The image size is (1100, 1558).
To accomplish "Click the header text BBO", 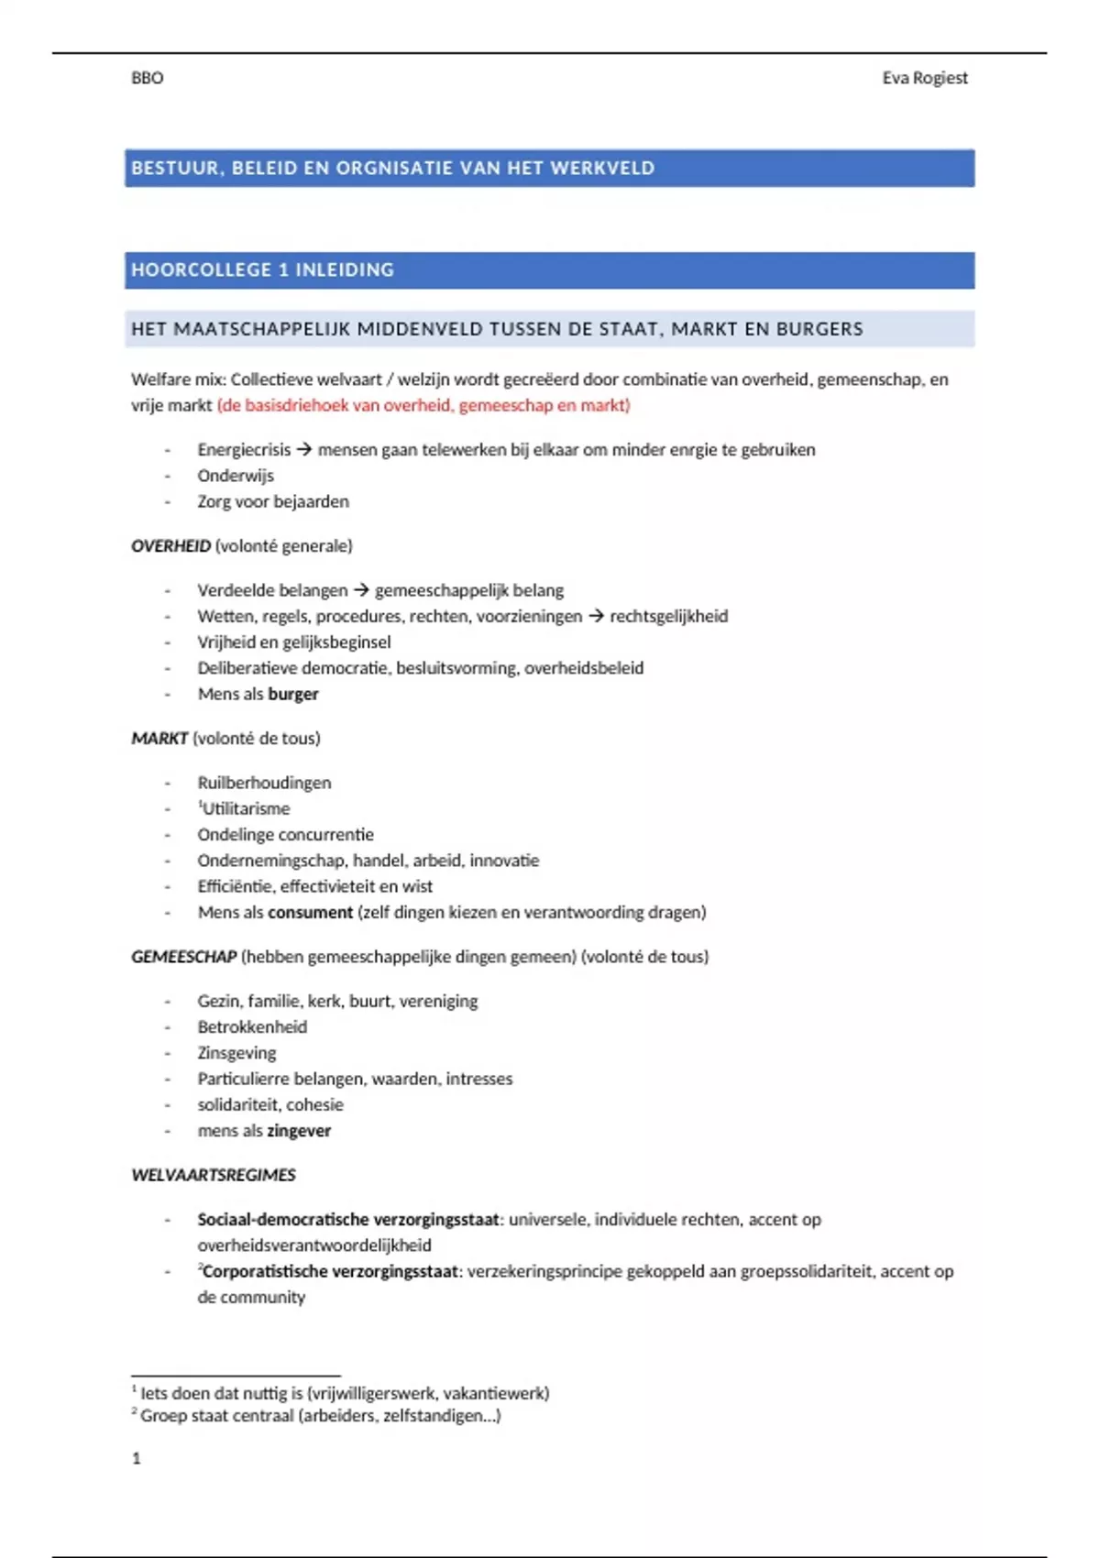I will pyautogui.click(x=147, y=78).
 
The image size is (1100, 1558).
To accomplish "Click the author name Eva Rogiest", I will pyautogui.click(x=924, y=78).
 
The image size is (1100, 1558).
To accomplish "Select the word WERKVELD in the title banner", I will pyautogui.click(x=602, y=168).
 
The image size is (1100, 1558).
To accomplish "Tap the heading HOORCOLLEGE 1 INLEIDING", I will pyautogui.click(x=262, y=269).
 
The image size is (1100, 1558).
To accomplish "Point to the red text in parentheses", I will pyautogui.click(x=423, y=405).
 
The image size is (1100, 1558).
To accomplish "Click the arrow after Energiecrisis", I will pyautogui.click(x=304, y=449).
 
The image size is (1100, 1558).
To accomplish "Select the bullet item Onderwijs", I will pyautogui.click(x=236, y=475).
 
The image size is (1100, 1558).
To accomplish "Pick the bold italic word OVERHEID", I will pyautogui.click(x=170, y=545).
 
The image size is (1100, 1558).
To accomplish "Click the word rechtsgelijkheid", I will pyautogui.click(x=668, y=616).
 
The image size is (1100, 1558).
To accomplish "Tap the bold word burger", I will pyautogui.click(x=293, y=694).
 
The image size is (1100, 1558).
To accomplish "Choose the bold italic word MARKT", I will pyautogui.click(x=159, y=738).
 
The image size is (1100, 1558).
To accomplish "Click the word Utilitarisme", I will pyautogui.click(x=246, y=808).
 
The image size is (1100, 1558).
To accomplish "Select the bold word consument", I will pyautogui.click(x=310, y=912).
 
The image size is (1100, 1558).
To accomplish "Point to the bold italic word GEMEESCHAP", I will pyautogui.click(x=183, y=956).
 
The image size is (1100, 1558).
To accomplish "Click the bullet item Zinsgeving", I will pyautogui.click(x=236, y=1052).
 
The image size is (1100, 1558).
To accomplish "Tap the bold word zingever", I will pyautogui.click(x=299, y=1130).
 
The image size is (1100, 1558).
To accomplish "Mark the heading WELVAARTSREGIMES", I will pyautogui.click(x=214, y=1174).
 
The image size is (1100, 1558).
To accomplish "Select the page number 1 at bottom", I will pyautogui.click(x=137, y=1457).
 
